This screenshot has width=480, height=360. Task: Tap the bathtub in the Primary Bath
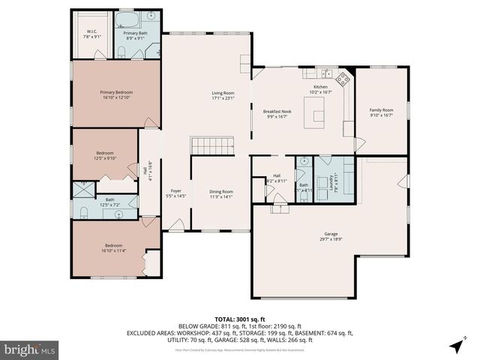coord(127,18)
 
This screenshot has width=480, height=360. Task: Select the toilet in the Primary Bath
coord(121,51)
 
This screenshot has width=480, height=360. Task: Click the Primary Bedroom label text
coord(115,94)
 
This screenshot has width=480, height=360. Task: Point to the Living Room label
coord(223,94)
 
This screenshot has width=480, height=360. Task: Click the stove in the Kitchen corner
coord(344,77)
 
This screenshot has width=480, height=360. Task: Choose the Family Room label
coord(381,112)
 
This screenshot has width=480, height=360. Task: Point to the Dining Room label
coord(220,193)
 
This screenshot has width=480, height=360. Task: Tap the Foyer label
coord(176,193)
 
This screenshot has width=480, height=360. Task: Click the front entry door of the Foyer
coord(175,224)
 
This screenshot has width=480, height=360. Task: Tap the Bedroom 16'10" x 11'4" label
coord(113,248)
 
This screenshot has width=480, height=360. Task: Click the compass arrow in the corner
coord(457,345)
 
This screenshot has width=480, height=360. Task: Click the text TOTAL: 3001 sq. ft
coord(239,319)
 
